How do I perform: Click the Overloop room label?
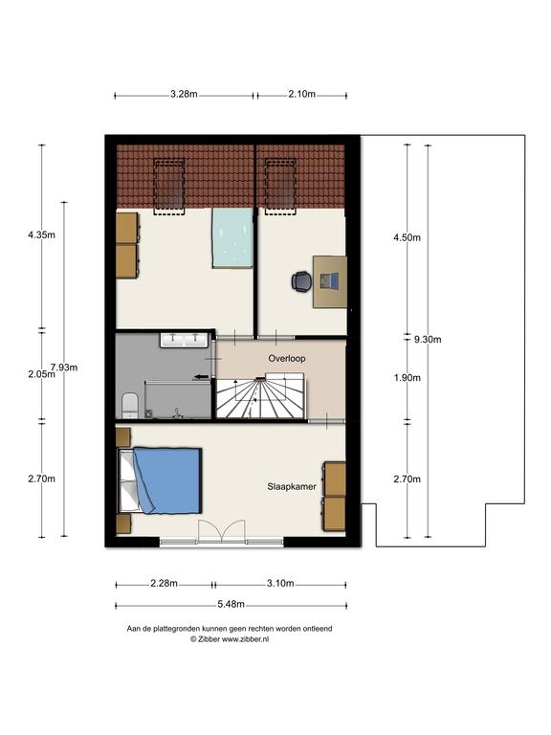pyautogui.click(x=287, y=359)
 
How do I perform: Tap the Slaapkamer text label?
pyautogui.click(x=292, y=486)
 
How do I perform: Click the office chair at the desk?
pyautogui.click(x=300, y=281)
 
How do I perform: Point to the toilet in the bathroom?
pyautogui.click(x=130, y=406)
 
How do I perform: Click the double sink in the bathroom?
pyautogui.click(x=184, y=340)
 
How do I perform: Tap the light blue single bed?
pyautogui.click(x=232, y=237)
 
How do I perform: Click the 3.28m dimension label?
pyautogui.click(x=184, y=94)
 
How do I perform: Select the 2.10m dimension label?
pyautogui.click(x=301, y=94)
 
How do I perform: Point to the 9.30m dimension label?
pyautogui.click(x=428, y=340)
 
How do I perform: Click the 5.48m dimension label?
pyautogui.click(x=231, y=604)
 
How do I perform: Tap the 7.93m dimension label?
pyautogui.click(x=64, y=367)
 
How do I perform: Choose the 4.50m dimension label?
pyautogui.click(x=407, y=237)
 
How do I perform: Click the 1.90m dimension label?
pyautogui.click(x=407, y=378)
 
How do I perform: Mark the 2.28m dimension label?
pyautogui.click(x=164, y=584)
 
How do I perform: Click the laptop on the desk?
pyautogui.click(x=329, y=280)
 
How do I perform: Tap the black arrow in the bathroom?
pyautogui.click(x=202, y=376)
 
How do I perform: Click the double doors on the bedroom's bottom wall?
pyautogui.click(x=222, y=532)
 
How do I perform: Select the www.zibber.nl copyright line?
pyautogui.click(x=230, y=639)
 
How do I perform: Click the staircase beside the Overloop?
pyautogui.click(x=260, y=396)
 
